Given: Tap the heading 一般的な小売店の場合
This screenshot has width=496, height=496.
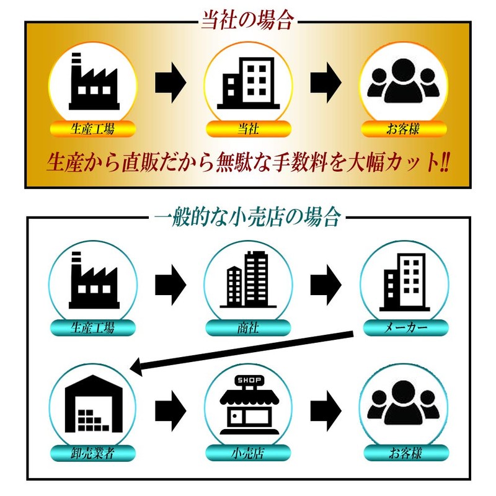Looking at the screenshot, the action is point(247,217).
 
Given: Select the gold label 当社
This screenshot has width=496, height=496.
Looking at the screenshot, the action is point(249,129).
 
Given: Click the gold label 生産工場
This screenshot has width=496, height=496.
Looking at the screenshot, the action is point(92,129).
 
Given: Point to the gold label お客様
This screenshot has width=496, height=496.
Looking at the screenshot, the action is point(404,129).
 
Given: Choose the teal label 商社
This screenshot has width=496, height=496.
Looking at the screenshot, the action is point(249,328).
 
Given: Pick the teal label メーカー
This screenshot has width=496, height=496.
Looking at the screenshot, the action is point(406,328).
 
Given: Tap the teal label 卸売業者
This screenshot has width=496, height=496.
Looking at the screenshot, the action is point(92,453).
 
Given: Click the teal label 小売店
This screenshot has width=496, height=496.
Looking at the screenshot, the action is point(249,453).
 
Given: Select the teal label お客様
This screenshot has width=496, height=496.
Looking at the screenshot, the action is point(406,453).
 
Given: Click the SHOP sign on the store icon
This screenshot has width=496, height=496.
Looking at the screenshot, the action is point(249,380).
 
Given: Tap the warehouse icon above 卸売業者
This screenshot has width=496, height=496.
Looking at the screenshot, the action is point(94,404).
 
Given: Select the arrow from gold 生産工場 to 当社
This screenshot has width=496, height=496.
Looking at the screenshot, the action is point(170,82).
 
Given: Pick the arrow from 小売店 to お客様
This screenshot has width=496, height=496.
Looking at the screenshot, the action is point(326,411).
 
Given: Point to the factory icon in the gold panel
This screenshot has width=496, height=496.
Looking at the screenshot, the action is point(94,81).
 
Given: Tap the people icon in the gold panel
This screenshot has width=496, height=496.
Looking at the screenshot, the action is point(404,81).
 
